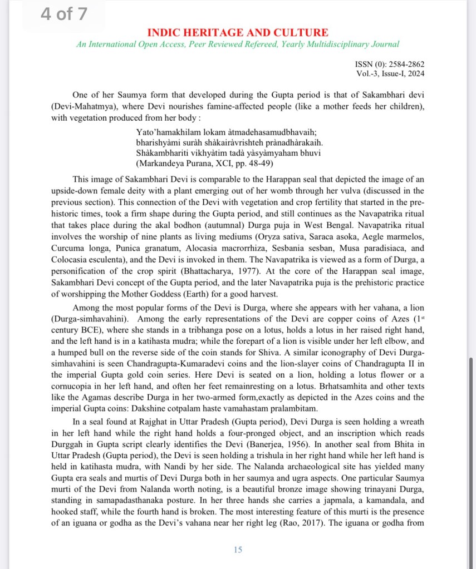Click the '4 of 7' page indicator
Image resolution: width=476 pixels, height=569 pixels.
pos(63,14)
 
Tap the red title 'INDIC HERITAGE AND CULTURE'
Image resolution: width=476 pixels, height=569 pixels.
pos(238,33)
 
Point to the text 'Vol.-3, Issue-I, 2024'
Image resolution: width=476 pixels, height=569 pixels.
pos(390,73)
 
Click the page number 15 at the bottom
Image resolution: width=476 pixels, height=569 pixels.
pos(238,550)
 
